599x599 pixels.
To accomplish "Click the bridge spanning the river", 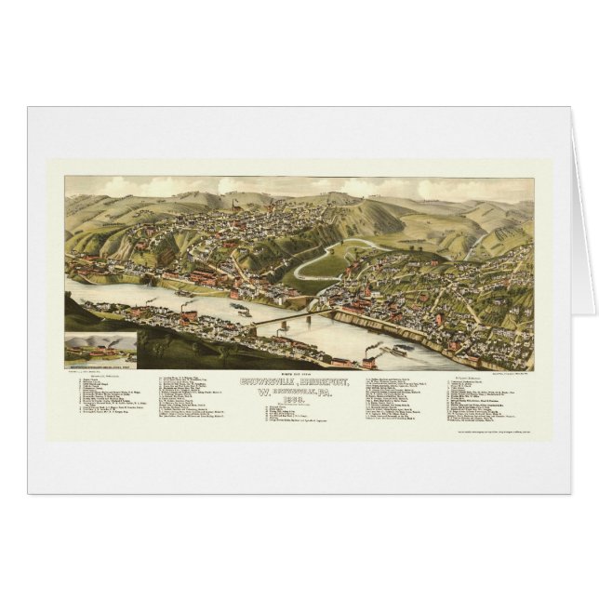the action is (x=288, y=316).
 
